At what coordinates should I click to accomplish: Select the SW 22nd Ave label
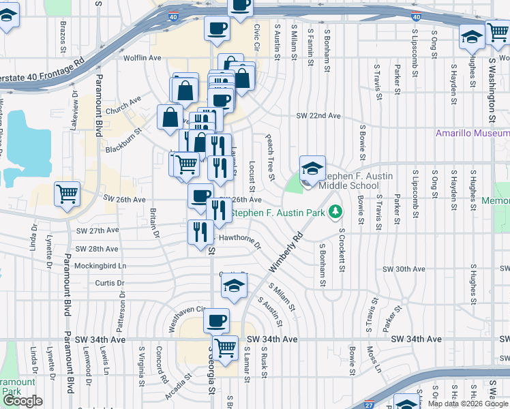pyautogui.click(x=318, y=117)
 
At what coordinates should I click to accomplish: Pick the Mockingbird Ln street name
pyautogui.click(x=101, y=266)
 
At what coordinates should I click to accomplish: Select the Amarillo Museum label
pyautogui.click(x=472, y=133)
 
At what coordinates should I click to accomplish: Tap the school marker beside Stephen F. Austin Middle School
pyautogui.click(x=312, y=170)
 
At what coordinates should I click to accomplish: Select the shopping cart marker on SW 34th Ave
pyautogui.click(x=225, y=346)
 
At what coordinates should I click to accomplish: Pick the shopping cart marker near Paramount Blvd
pyautogui.click(x=67, y=194)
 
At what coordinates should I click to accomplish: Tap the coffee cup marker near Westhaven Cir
pyautogui.click(x=217, y=320)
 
